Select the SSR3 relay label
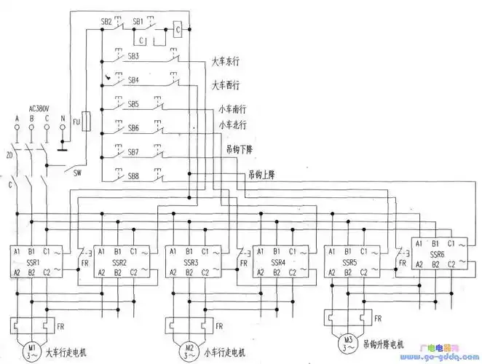(191, 261)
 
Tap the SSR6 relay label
(435, 254)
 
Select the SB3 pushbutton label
(133, 56)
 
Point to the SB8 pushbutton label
(133, 176)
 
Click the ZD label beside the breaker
(9, 155)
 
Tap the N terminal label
(63, 118)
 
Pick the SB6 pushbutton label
(133, 128)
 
